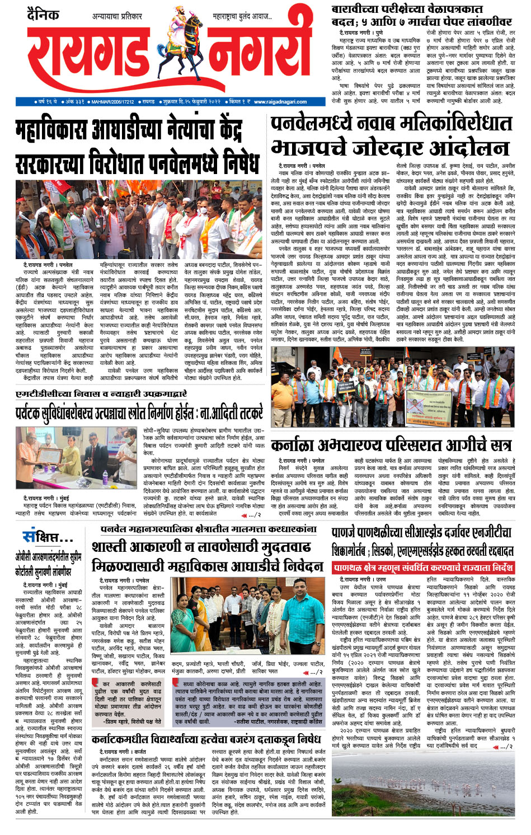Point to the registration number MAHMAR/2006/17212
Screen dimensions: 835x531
(x=112, y=102)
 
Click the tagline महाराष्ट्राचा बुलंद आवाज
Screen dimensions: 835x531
(x=242, y=17)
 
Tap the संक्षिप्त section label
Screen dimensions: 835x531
(x=47, y=538)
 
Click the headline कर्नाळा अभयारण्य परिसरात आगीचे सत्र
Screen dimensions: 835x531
(x=391, y=445)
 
